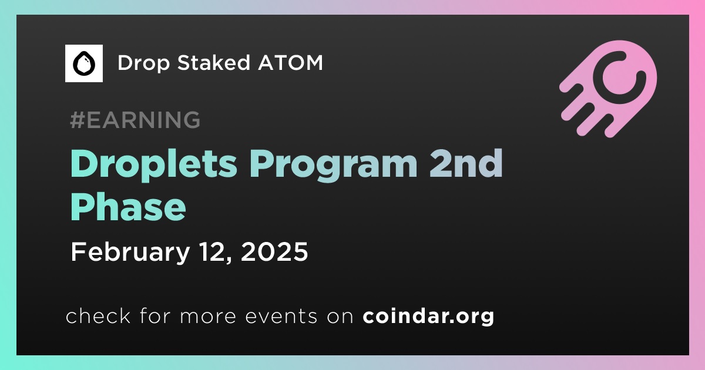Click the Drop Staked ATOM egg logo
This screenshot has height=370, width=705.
pyautogui.click(x=83, y=63)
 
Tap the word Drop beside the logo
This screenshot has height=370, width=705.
pyautogui.click(x=143, y=63)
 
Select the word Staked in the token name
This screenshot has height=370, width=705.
pyautogui.click(x=214, y=62)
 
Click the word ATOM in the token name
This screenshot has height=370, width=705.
pyautogui.click(x=290, y=62)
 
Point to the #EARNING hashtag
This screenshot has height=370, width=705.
pyautogui.click(x=135, y=120)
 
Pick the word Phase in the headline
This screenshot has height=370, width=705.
pyautogui.click(x=128, y=207)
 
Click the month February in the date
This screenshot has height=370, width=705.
pyautogui.click(x=130, y=253)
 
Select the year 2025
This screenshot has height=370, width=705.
pyautogui.click(x=274, y=252)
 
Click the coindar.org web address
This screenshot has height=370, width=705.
pyautogui.click(x=428, y=316)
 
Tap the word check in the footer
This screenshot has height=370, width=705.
pyautogui.click(x=98, y=315)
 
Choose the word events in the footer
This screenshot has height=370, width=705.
pyautogui.click(x=281, y=317)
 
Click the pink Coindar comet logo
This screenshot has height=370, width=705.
pyautogui.click(x=609, y=89)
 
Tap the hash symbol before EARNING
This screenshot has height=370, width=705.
pyautogui.click(x=77, y=120)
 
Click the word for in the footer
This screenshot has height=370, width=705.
pyautogui.click(x=155, y=315)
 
